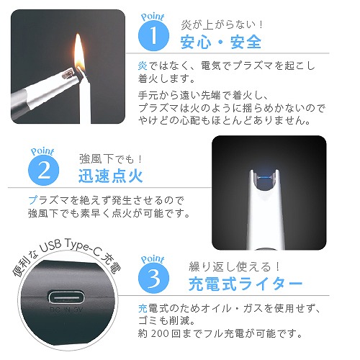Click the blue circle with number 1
point(153,35)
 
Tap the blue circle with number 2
point(43,170)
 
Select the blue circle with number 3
point(153,278)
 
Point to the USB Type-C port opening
point(66,298)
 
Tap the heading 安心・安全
point(221,42)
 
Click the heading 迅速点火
point(111,176)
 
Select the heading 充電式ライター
point(246,284)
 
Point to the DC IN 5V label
point(66,310)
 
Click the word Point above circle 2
point(42,151)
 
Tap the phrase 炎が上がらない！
point(222,24)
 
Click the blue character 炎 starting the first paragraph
point(143,66)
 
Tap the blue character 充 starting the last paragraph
point(143,309)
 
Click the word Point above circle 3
point(153,259)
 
